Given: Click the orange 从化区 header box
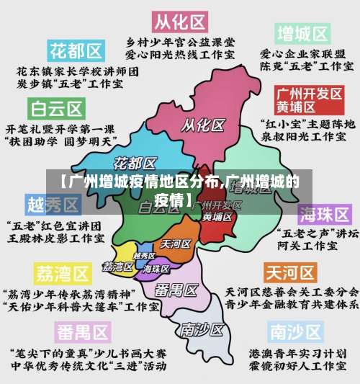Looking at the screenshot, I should click(181, 18).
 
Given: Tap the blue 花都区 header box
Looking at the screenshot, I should click(76, 51).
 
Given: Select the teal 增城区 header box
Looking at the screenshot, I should click(303, 34).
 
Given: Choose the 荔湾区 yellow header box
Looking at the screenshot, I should click(62, 274).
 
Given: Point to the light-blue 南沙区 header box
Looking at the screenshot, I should click(296, 331).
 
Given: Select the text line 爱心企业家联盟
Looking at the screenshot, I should click(302, 54).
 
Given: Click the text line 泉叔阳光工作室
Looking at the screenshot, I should click(303, 135).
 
